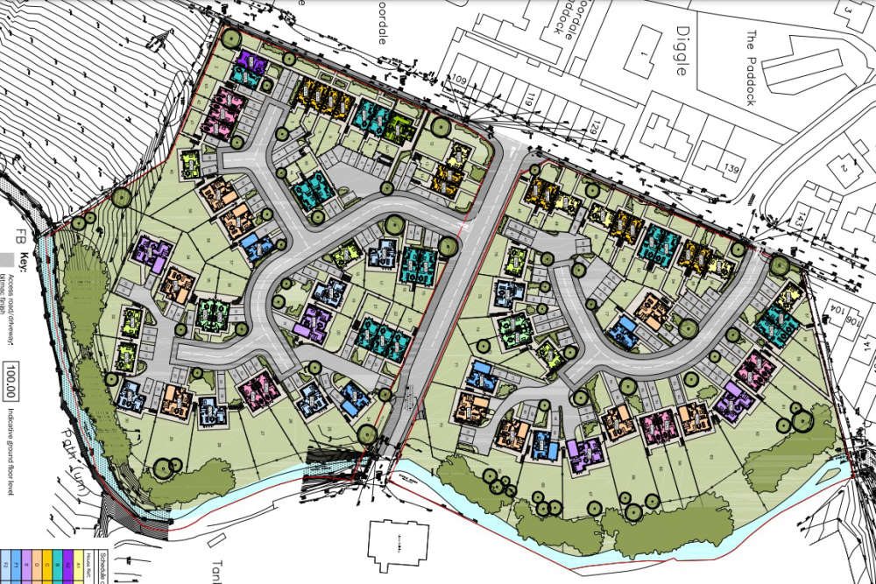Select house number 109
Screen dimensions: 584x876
(458, 81)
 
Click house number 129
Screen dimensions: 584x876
(595, 130)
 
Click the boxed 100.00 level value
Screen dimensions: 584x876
(13, 376)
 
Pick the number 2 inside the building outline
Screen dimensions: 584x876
(845, 167)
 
